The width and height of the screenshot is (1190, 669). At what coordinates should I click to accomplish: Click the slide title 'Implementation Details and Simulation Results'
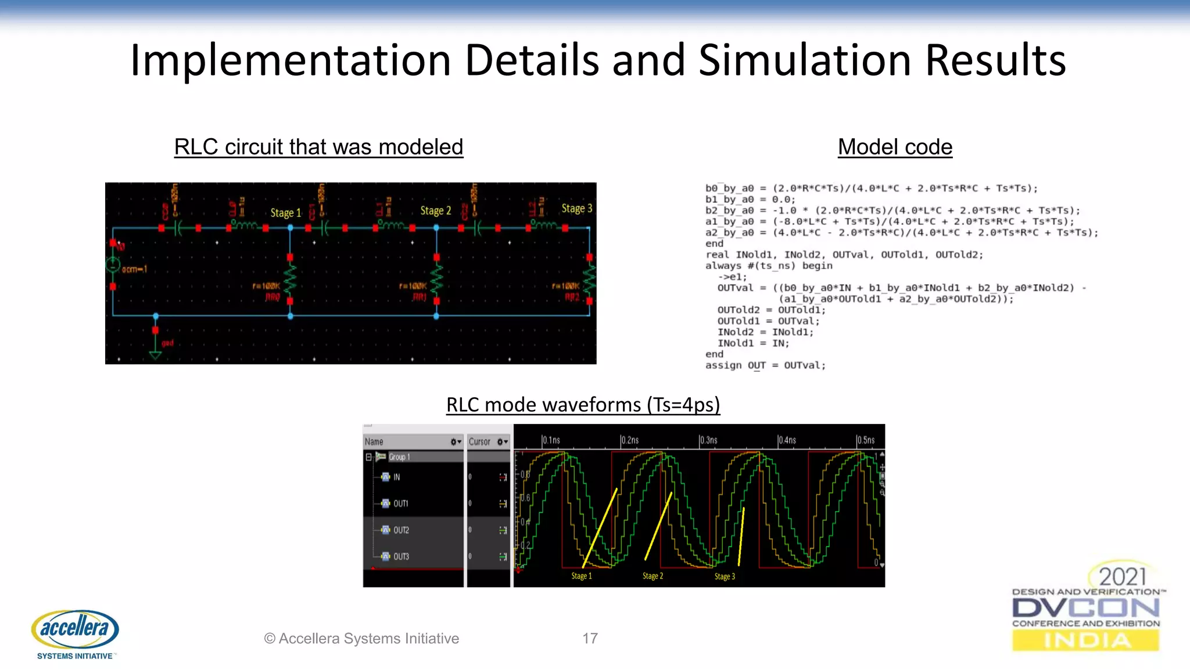pyautogui.click(x=598, y=60)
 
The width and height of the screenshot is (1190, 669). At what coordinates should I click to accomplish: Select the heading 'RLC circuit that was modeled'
pyautogui.click(x=318, y=147)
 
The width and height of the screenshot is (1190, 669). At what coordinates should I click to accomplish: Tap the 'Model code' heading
pyautogui.click(x=895, y=147)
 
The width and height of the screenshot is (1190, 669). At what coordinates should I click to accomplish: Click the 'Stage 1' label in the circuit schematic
pyautogui.click(x=285, y=213)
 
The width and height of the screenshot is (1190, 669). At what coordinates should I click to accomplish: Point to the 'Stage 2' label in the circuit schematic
pyautogui.click(x=435, y=211)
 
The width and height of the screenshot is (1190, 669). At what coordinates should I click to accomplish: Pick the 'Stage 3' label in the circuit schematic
pyautogui.click(x=576, y=208)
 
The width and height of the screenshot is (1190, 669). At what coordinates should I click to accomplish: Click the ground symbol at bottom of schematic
pyautogui.click(x=155, y=354)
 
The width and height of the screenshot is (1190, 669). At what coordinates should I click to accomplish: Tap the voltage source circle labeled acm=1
pyautogui.click(x=113, y=266)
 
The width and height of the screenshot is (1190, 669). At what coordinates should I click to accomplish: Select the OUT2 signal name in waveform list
pyautogui.click(x=401, y=530)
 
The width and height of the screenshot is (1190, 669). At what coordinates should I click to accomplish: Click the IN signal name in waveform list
pyautogui.click(x=396, y=477)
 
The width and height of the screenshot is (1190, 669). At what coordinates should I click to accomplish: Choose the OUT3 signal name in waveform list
pyautogui.click(x=401, y=556)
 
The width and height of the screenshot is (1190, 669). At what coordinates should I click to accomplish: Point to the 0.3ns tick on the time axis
pyautogui.click(x=708, y=440)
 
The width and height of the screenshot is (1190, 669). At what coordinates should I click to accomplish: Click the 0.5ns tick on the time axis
pyautogui.click(x=865, y=440)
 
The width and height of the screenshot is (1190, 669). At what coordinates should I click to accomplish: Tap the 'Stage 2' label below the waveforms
pyautogui.click(x=653, y=576)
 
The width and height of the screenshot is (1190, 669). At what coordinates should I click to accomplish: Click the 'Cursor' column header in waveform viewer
pyautogui.click(x=479, y=442)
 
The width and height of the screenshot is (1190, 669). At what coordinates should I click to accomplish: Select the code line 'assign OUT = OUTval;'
pyautogui.click(x=765, y=365)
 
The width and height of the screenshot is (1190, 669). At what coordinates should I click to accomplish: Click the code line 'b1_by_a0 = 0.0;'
pyautogui.click(x=750, y=199)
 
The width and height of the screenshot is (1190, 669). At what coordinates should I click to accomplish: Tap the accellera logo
pyautogui.click(x=75, y=630)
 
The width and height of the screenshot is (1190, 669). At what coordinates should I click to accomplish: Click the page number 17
pyautogui.click(x=590, y=638)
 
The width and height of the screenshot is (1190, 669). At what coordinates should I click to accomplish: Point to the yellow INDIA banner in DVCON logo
pyautogui.click(x=1085, y=641)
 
